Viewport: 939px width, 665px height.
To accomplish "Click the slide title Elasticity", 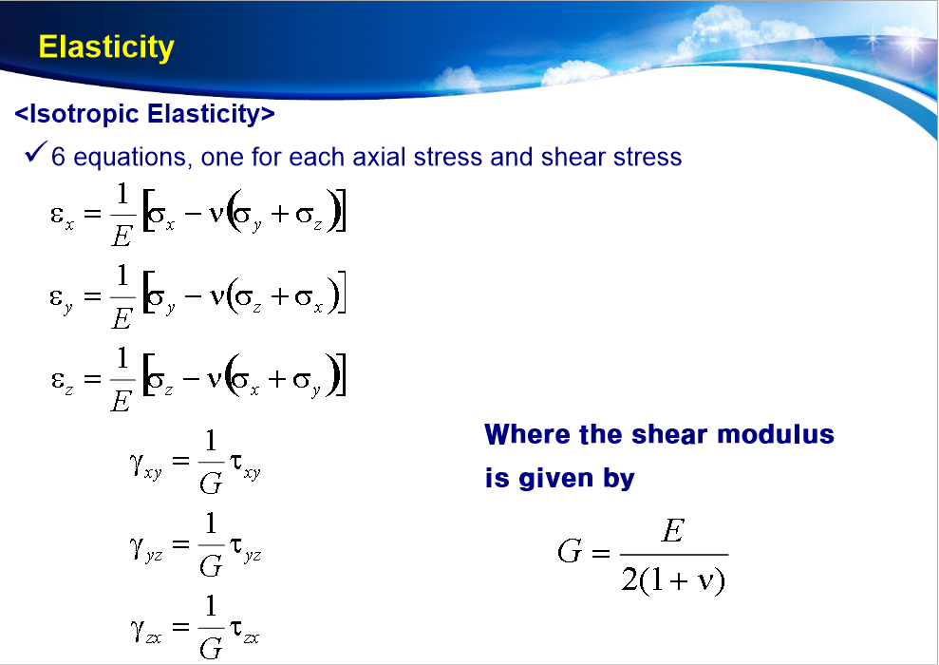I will coord(106,47).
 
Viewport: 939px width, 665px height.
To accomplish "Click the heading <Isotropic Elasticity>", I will coord(145,115).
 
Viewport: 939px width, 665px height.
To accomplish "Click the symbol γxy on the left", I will coord(144,465).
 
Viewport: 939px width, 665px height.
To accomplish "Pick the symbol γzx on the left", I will coord(145,630).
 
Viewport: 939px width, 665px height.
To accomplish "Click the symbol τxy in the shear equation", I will coord(245,465).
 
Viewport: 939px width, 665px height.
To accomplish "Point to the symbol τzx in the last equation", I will coord(245,630).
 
